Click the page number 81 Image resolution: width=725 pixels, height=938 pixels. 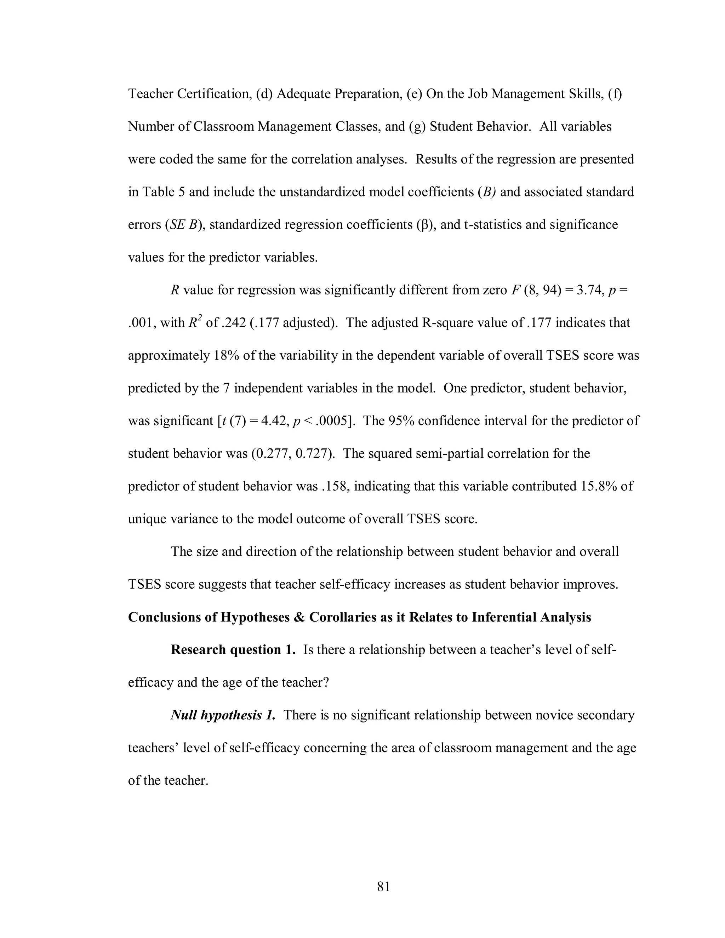[383, 886]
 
